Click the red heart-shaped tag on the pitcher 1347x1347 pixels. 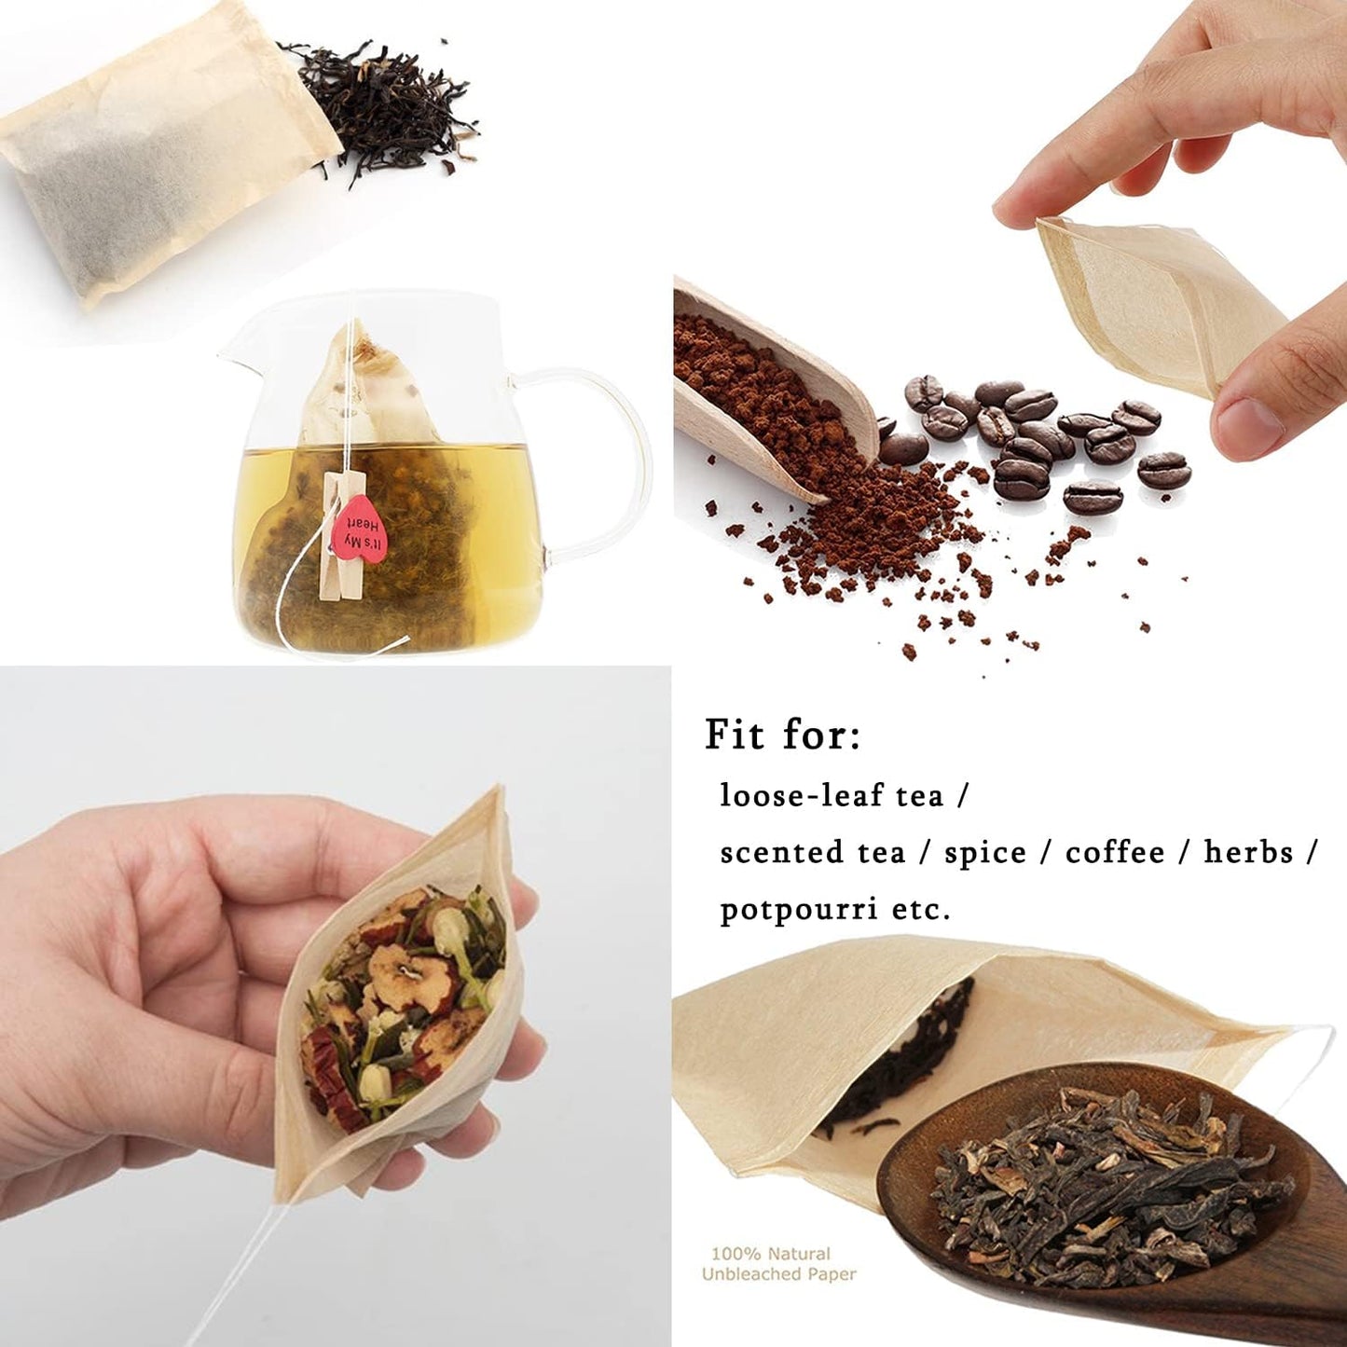click(359, 532)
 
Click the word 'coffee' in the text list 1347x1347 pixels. click(1115, 852)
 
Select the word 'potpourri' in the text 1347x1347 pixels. click(798, 909)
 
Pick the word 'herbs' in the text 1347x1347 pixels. click(1248, 852)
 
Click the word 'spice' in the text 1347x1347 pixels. click(984, 852)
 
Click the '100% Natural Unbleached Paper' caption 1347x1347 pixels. click(777, 1264)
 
